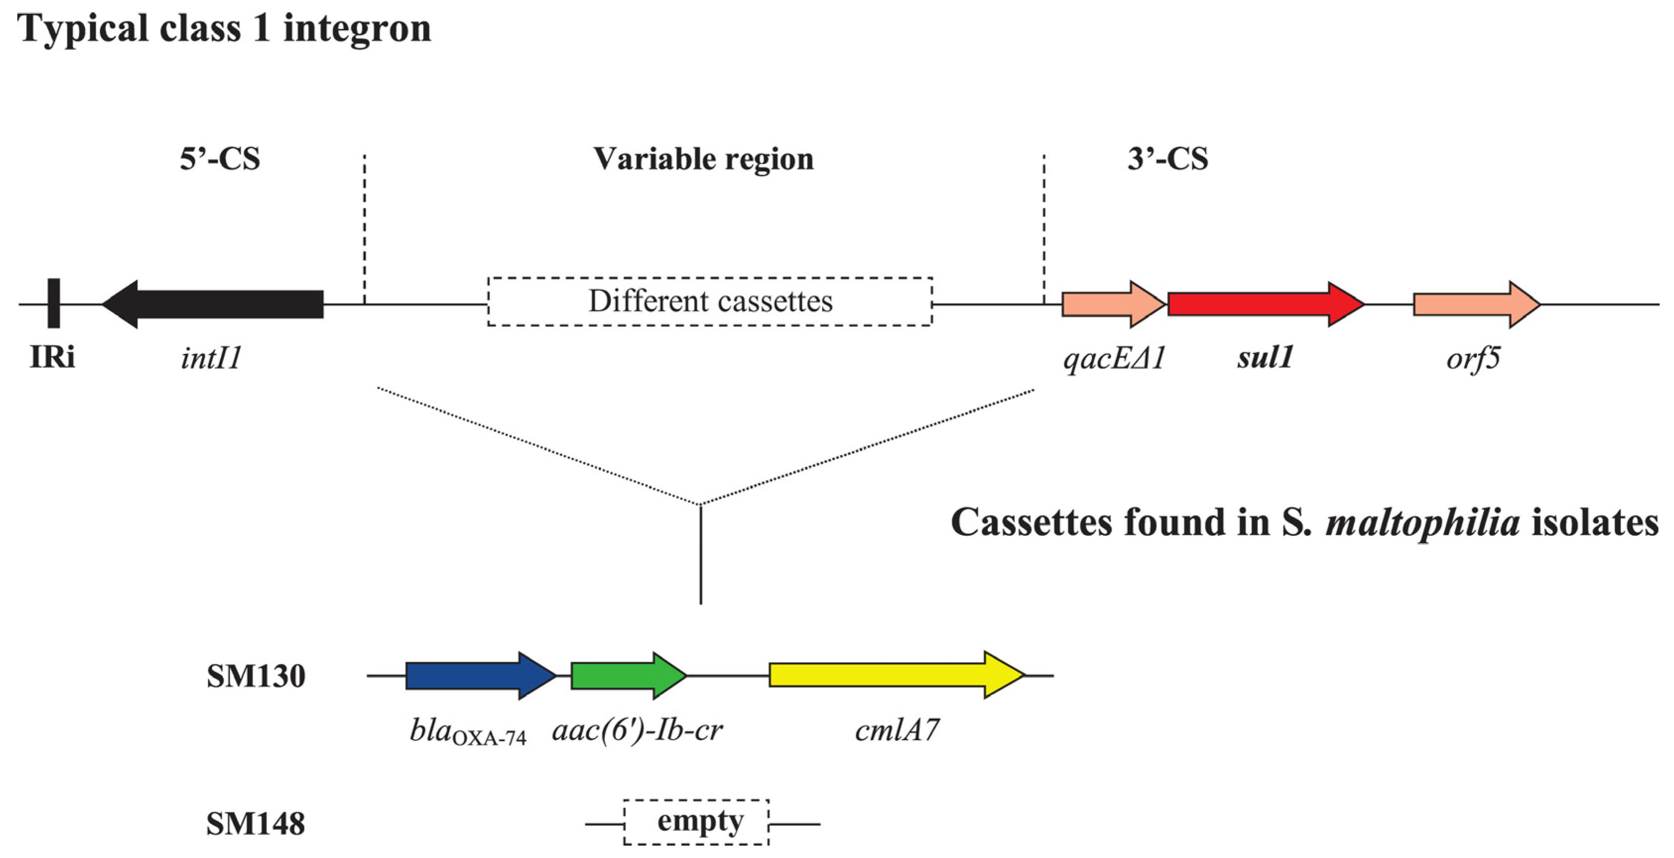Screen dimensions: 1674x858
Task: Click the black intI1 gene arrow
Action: tap(212, 304)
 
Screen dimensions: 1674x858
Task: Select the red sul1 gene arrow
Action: tap(1265, 304)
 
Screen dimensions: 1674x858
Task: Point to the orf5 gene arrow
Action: tap(1477, 304)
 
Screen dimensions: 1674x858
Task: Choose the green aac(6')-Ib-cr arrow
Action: tap(628, 676)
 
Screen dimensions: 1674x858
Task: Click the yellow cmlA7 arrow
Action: tap(897, 675)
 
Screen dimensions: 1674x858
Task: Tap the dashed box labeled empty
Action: tap(696, 822)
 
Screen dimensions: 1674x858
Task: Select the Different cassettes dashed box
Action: tap(710, 301)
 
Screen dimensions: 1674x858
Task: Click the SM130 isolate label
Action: tap(256, 676)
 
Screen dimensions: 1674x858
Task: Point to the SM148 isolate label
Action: tap(255, 824)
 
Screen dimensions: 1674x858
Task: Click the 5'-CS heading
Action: tap(220, 159)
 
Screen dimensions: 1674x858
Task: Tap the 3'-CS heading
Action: tap(1168, 159)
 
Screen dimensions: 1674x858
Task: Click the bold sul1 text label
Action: tap(1265, 357)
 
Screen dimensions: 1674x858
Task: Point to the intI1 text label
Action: tap(211, 357)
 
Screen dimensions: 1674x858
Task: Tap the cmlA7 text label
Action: tap(897, 730)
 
